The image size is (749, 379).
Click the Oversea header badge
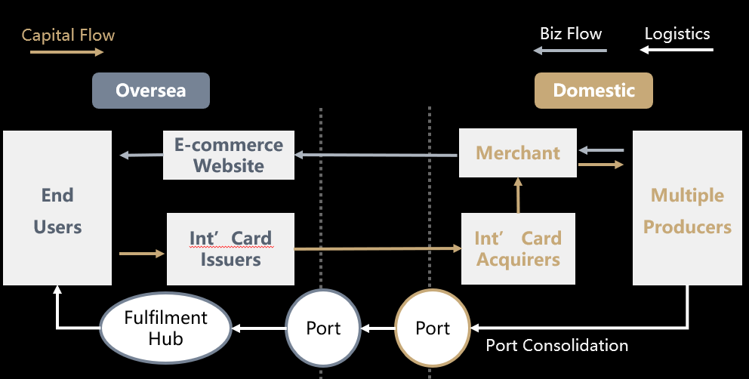150,91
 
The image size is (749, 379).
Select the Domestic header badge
593,91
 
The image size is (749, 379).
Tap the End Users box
57,208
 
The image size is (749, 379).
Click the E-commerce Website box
229,155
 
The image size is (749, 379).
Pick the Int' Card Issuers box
230,249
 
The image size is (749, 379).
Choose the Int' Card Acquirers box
517,249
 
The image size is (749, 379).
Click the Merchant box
518,153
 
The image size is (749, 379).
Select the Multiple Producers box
687,209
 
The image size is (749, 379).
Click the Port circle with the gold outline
433,328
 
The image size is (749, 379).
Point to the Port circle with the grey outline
323,328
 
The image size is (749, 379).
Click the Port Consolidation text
556,345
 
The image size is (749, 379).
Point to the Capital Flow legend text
68,35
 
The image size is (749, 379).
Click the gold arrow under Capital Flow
66,52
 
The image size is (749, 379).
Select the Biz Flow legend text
571,33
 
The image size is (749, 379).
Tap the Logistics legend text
677,33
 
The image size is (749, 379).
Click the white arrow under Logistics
677,51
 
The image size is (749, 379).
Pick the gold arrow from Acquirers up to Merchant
518,196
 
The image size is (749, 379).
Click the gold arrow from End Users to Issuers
142,254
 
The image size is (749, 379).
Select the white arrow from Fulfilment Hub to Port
258,328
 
